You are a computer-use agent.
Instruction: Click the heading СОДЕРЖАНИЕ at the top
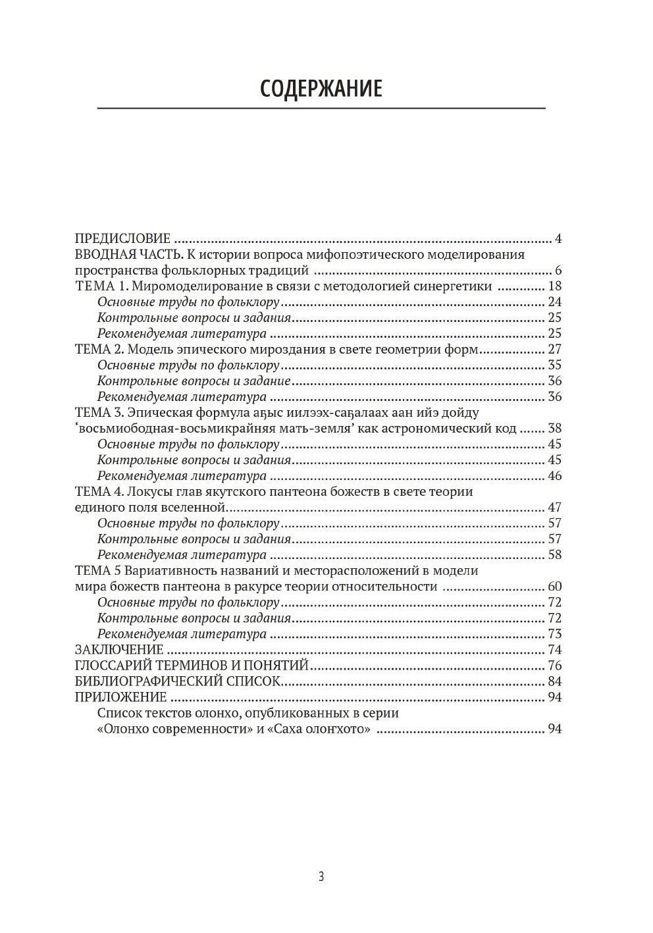[321, 88]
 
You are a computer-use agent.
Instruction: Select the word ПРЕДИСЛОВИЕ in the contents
[122, 238]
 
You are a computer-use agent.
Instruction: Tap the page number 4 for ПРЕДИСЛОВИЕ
[558, 238]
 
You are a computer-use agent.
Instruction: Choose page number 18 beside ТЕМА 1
[554, 286]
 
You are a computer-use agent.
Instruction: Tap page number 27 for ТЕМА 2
[554, 349]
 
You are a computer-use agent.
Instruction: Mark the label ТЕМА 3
[99, 412]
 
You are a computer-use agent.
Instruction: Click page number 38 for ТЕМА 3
[554, 428]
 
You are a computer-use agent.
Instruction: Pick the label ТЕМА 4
[99, 491]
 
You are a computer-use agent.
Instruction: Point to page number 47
[554, 507]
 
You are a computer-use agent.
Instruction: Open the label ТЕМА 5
[99, 570]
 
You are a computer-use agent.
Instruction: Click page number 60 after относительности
[554, 586]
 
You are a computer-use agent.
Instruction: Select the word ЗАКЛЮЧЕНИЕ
[119, 649]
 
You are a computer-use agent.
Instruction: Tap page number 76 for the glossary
[554, 665]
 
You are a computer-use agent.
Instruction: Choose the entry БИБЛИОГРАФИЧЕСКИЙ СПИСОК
[178, 681]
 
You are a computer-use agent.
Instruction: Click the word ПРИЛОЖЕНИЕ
[120, 697]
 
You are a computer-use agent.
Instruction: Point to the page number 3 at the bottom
[321, 876]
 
